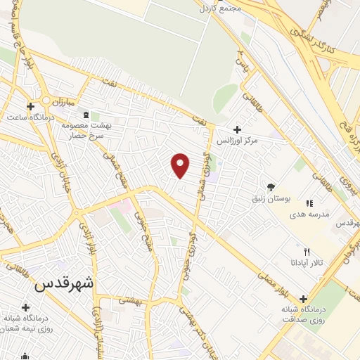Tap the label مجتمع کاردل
220,8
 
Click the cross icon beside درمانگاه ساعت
30,106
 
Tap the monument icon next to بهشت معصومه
86,115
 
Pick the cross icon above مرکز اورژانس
237,129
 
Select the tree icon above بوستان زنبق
271,186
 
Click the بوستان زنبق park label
270,198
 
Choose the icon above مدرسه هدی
309,202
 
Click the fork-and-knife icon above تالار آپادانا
306,252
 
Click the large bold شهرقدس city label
64,285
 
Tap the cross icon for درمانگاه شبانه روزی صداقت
304,298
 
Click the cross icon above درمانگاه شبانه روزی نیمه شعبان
26,307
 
